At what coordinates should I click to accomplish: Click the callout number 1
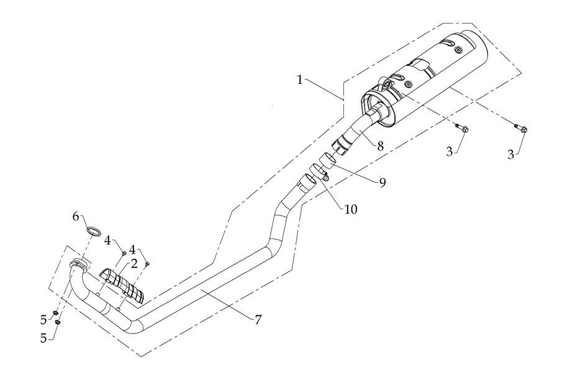pos(300,80)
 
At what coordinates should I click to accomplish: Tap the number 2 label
pos(134,263)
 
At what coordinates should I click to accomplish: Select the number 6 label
pos(76,217)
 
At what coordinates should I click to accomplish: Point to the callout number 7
pos(257,320)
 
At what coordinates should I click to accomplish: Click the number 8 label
pos(379,146)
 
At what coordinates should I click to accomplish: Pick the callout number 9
pos(383,182)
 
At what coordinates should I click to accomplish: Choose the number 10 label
pos(350,209)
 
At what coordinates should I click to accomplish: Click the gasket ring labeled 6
pos(94,232)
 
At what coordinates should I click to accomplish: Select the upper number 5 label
pos(43,319)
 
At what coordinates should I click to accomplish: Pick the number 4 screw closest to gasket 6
pos(124,253)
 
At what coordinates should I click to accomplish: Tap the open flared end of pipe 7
pos(306,181)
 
